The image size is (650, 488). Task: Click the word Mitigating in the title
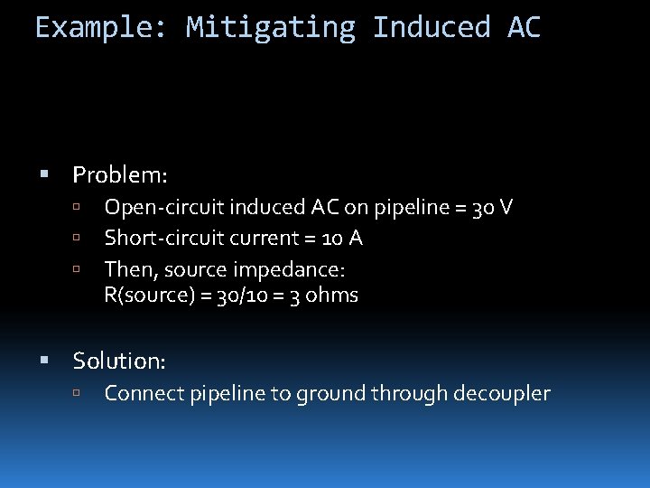point(271,27)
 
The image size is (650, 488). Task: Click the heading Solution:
point(119,361)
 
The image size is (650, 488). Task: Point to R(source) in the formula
point(144,296)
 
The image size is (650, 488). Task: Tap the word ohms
point(330,296)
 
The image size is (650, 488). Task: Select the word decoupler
point(505,393)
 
